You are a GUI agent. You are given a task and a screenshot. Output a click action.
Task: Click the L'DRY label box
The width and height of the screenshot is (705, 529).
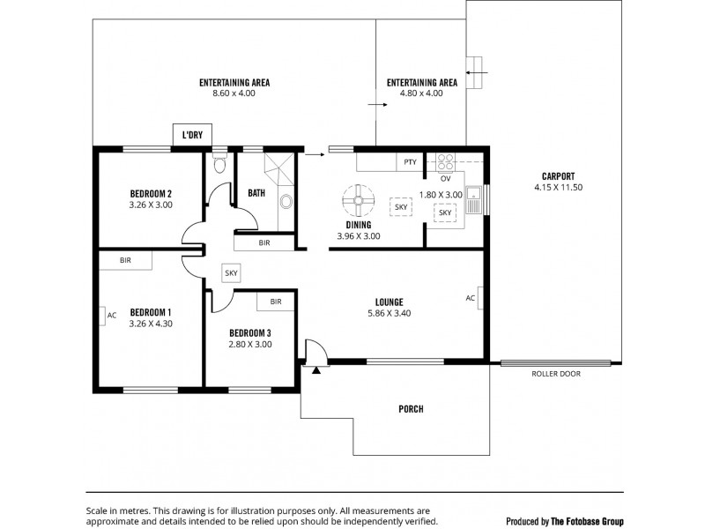tap(192, 135)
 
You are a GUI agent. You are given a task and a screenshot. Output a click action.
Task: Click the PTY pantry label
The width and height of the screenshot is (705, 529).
tap(410, 162)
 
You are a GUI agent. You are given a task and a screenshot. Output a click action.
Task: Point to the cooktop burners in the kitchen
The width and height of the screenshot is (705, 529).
tap(445, 161)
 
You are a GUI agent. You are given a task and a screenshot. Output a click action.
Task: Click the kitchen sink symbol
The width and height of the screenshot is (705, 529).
tap(474, 199)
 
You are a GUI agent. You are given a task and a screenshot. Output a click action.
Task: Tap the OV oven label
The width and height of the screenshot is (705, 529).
tap(445, 178)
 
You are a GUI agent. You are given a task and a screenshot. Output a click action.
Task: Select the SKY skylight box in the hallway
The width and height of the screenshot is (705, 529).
tap(231, 273)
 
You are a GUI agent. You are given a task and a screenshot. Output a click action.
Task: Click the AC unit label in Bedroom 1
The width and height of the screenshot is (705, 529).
tap(111, 315)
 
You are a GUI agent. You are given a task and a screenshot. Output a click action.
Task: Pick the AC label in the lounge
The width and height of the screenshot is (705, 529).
tap(471, 298)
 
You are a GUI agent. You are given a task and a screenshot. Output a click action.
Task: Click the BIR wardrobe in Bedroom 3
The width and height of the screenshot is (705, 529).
tap(275, 302)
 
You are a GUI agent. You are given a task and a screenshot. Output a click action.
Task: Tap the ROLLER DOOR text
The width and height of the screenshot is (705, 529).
tap(555, 374)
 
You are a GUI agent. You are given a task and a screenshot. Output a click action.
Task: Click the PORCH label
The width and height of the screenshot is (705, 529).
tap(411, 409)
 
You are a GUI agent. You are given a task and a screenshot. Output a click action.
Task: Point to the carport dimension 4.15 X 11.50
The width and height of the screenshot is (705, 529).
tap(558, 188)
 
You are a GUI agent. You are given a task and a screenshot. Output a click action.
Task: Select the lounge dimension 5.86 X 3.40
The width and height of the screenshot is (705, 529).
tap(389, 313)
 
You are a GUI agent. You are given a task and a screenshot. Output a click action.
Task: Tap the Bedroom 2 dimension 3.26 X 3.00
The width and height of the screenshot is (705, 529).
tap(151, 205)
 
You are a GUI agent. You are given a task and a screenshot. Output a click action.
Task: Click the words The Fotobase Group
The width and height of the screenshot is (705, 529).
tap(587, 521)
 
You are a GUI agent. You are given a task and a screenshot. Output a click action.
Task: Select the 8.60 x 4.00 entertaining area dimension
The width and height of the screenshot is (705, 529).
tap(234, 93)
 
